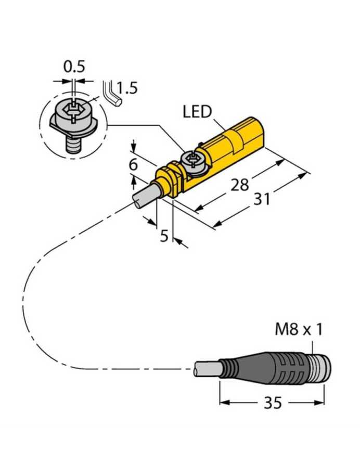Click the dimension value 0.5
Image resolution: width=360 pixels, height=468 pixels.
click(74, 67)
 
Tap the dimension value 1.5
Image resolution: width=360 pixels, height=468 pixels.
click(126, 88)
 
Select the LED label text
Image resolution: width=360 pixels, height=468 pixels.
click(198, 112)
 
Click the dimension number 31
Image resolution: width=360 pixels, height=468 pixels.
click(262, 198)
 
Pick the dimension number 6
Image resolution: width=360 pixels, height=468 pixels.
click(133, 165)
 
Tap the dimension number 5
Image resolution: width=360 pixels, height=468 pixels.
click(164, 236)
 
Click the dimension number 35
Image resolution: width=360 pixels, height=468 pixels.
click(272, 403)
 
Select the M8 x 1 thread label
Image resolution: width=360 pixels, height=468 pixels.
click(298, 330)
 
